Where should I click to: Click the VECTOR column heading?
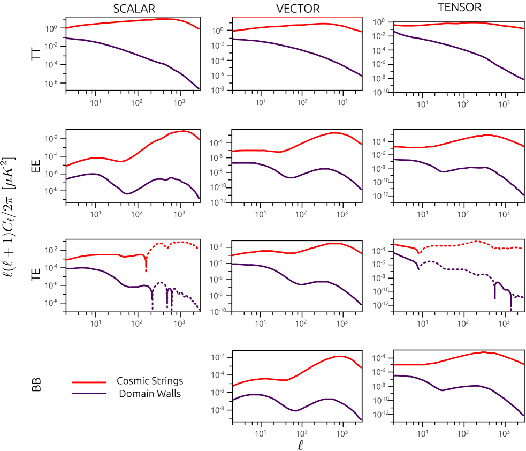click(x=298, y=9)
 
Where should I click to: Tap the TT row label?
click(x=36, y=53)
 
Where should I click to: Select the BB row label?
click(x=36, y=385)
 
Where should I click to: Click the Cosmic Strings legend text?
click(x=150, y=381)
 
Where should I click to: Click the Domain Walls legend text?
click(x=150, y=394)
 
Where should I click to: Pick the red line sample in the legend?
click(x=89, y=382)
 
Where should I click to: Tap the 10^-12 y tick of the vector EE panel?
click(x=219, y=202)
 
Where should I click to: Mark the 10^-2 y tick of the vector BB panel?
click(x=220, y=357)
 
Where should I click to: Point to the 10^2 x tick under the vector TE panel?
click(x=301, y=323)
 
